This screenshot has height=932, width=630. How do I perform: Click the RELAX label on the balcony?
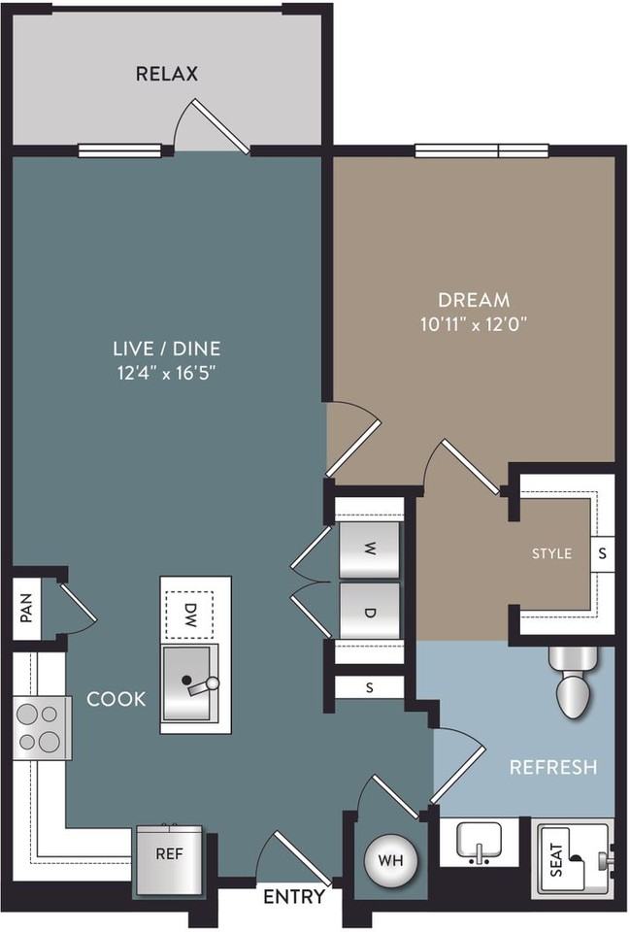pyautogui.click(x=167, y=74)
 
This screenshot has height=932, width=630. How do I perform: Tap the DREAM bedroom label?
pyautogui.click(x=474, y=300)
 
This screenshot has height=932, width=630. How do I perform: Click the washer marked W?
pyautogui.click(x=369, y=549)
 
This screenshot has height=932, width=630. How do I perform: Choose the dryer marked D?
pyautogui.click(x=369, y=611)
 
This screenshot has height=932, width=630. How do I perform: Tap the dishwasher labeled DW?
pyautogui.click(x=190, y=613)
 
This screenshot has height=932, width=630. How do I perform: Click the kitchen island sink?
pyautogui.click(x=190, y=684)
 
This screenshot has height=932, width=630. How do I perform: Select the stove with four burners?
pyautogui.click(x=39, y=728)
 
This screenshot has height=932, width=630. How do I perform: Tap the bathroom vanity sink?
pyautogui.click(x=480, y=841)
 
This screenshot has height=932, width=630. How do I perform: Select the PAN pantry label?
pyautogui.click(x=26, y=610)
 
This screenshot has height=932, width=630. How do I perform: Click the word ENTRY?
pyautogui.click(x=293, y=897)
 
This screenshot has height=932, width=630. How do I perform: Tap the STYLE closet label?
pyautogui.click(x=551, y=553)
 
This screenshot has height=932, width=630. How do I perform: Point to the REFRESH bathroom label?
pyautogui.click(x=553, y=767)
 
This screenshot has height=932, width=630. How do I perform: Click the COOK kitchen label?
pyautogui.click(x=116, y=699)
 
